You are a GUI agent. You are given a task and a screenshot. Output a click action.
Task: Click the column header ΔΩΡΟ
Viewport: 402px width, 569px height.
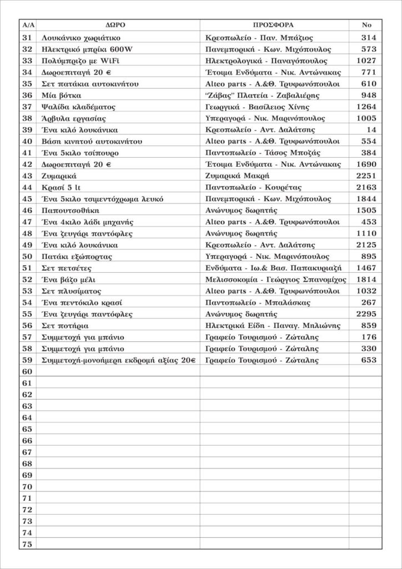(118, 26)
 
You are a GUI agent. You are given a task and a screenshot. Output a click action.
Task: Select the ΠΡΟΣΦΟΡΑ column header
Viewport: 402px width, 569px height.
(274, 26)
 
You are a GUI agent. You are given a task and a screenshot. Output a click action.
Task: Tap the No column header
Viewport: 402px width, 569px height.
(366, 26)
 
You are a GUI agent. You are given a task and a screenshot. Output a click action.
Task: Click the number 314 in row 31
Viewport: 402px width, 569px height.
(368, 38)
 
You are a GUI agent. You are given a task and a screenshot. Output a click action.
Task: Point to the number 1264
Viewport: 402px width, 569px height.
(365, 107)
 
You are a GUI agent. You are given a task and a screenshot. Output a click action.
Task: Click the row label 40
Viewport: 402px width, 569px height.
(27, 141)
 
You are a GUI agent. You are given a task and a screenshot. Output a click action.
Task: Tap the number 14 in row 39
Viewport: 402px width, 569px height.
(371, 129)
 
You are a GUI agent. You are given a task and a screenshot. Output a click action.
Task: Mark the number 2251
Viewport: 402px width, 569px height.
(365, 176)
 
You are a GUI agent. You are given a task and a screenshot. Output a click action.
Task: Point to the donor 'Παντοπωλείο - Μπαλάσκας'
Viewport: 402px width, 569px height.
(258, 302)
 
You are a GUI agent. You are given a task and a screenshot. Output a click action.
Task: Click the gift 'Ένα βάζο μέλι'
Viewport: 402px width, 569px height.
(69, 279)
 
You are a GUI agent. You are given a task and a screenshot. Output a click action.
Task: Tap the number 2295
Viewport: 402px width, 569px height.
(365, 314)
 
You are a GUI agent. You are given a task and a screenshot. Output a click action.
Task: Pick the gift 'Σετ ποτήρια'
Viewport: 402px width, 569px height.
(66, 326)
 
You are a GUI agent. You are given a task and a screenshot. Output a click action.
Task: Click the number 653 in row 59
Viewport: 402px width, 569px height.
(368, 360)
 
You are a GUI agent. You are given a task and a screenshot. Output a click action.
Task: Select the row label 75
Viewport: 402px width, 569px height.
(27, 545)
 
